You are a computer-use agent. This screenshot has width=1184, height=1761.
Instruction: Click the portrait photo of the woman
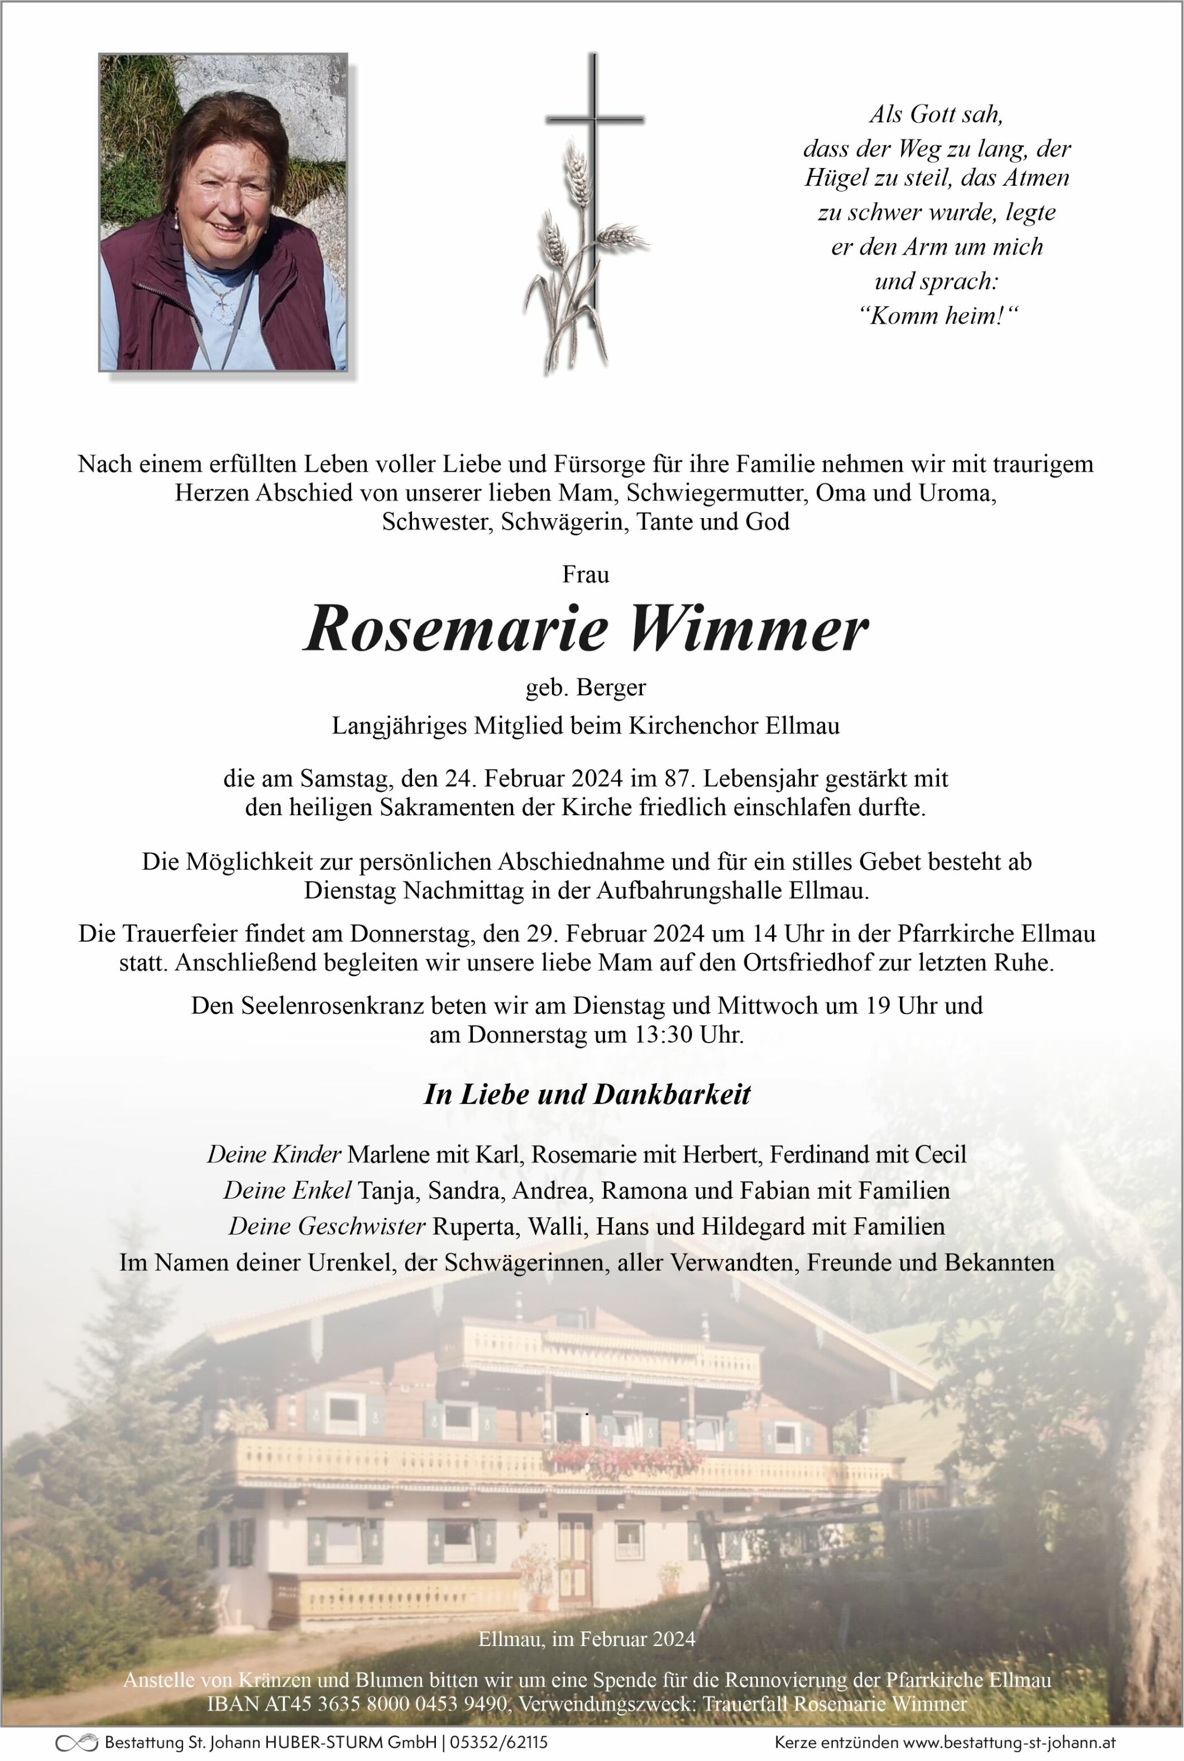coord(223,212)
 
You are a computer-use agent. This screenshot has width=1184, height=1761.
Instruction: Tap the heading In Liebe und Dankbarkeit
coord(587,1094)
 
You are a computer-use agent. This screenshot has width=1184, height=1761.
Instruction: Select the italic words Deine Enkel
coord(287,1191)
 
